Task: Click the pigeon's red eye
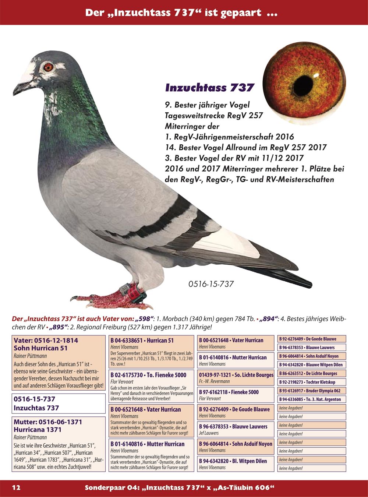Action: (48, 67)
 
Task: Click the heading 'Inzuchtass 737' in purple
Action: (210, 88)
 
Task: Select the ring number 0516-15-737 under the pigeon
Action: (211, 284)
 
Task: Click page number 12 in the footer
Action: (16, 488)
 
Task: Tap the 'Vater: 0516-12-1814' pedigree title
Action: (46, 341)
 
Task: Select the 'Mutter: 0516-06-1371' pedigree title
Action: (48, 422)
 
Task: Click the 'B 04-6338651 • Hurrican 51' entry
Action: (142, 341)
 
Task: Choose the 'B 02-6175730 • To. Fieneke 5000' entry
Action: (148, 375)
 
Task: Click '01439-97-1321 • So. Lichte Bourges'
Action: (236, 375)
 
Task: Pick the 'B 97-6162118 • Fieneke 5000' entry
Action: (229, 392)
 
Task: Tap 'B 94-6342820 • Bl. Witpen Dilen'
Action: (233, 461)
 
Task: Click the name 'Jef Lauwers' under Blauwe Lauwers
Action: (209, 433)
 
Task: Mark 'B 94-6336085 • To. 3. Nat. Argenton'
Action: (310, 399)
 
